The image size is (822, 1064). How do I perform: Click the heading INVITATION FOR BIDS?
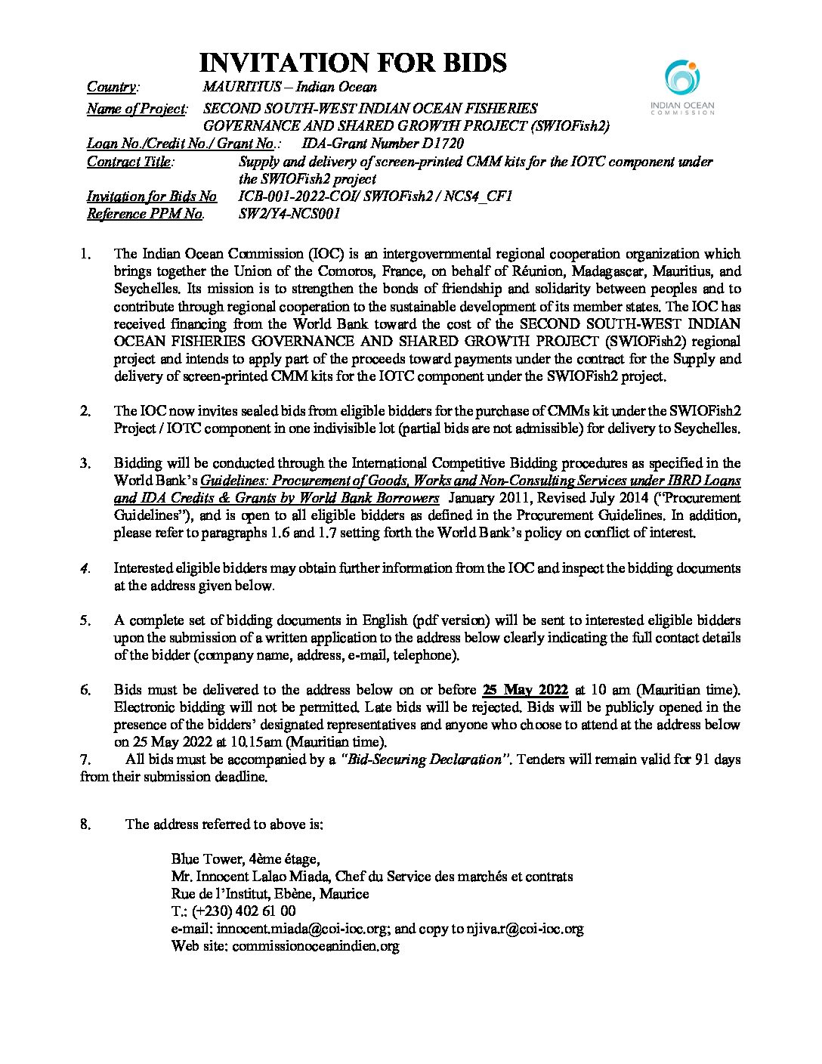[352, 63]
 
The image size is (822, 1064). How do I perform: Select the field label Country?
[112, 88]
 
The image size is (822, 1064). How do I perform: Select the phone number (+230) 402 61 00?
[242, 911]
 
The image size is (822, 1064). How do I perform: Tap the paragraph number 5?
[85, 620]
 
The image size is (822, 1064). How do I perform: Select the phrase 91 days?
[714, 759]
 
